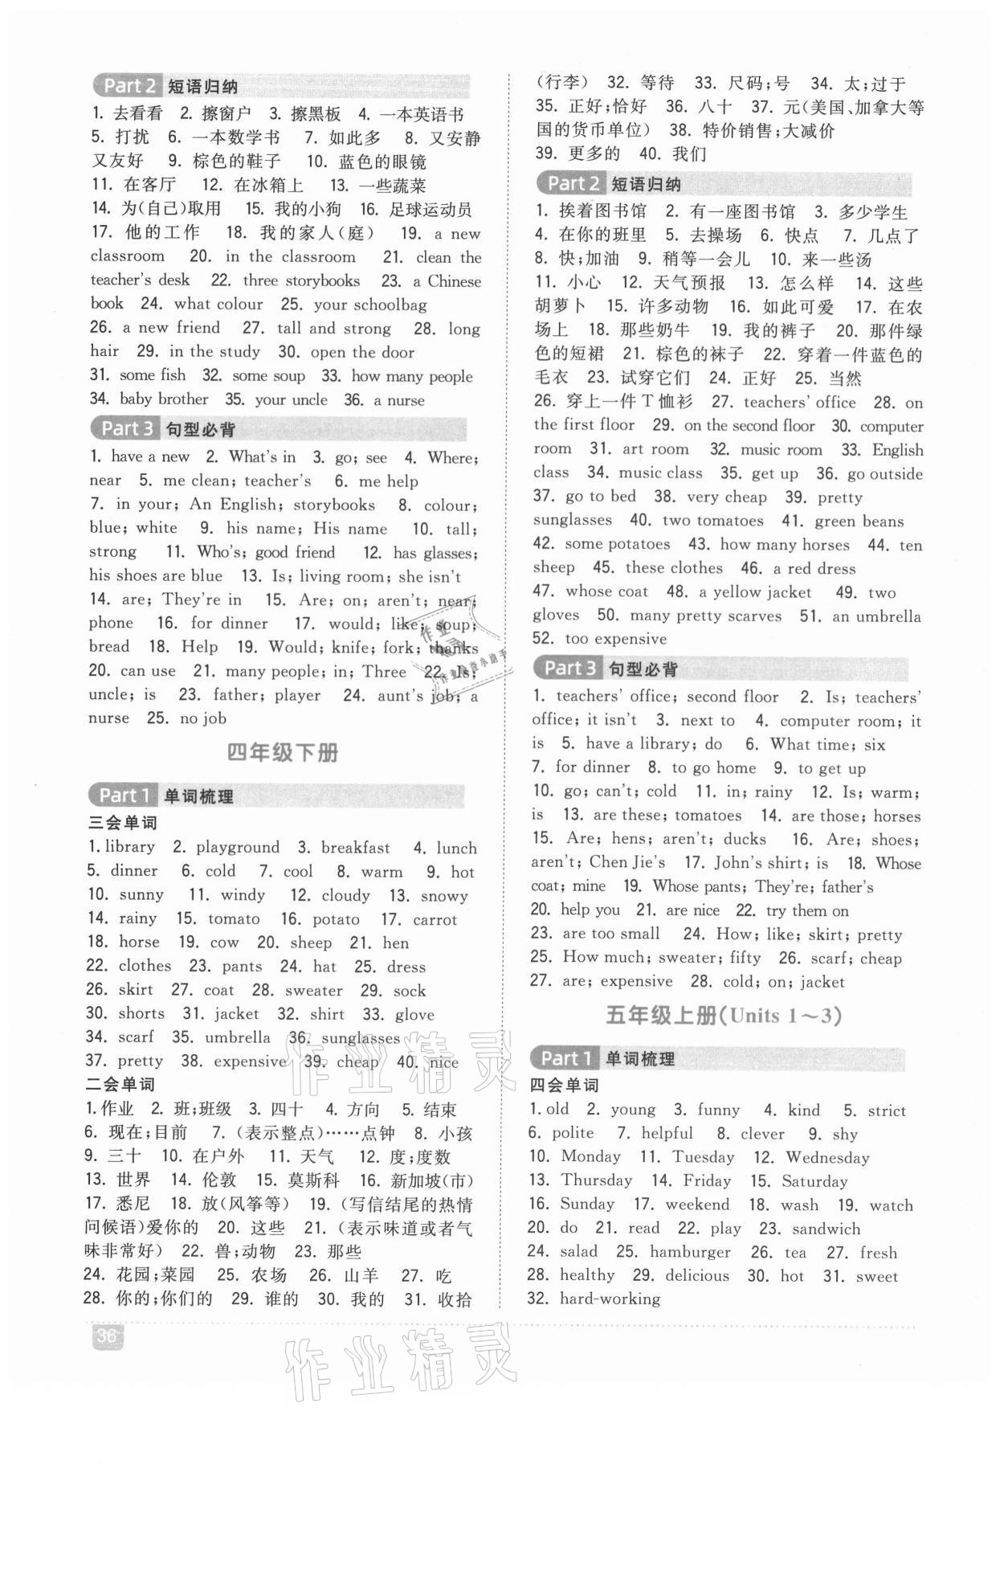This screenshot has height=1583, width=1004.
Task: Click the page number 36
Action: tap(107, 1336)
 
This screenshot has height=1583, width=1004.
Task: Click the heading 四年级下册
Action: tap(283, 753)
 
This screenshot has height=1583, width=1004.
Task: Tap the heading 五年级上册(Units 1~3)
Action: tap(723, 1016)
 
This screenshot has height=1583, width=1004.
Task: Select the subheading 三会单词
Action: tap(122, 823)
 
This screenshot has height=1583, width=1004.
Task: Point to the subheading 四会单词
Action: tap(564, 1086)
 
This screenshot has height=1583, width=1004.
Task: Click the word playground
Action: tap(238, 847)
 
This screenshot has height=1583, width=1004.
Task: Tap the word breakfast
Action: tap(355, 848)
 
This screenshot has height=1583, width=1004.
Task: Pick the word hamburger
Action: tap(690, 1252)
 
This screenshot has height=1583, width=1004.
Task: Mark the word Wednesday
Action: tap(827, 1158)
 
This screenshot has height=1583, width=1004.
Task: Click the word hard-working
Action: tap(610, 1299)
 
